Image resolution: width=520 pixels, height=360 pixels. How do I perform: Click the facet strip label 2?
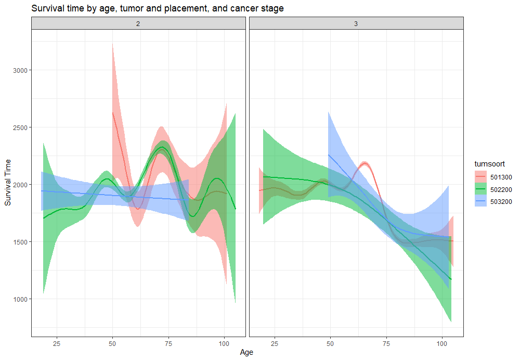click(x=138, y=23)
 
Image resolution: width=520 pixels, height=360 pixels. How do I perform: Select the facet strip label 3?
click(x=356, y=23)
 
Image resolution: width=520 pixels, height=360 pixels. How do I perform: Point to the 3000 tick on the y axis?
click(x=20, y=70)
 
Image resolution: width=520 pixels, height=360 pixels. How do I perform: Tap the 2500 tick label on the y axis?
click(x=20, y=127)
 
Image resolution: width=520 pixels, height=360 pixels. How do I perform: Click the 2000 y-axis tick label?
click(x=20, y=185)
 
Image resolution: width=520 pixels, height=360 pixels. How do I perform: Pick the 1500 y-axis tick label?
click(x=20, y=242)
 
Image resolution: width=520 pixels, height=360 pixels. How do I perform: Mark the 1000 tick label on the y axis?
click(x=20, y=299)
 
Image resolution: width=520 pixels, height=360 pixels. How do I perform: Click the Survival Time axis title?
click(x=8, y=179)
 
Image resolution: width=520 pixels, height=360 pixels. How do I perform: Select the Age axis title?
click(x=246, y=352)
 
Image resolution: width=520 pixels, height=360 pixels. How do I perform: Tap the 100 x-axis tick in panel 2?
click(x=224, y=343)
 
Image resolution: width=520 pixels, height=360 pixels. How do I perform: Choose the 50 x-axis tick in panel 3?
click(x=330, y=343)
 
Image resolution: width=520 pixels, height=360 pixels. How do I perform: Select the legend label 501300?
click(x=500, y=177)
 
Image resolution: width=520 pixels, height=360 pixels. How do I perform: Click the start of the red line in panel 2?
click(x=113, y=112)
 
